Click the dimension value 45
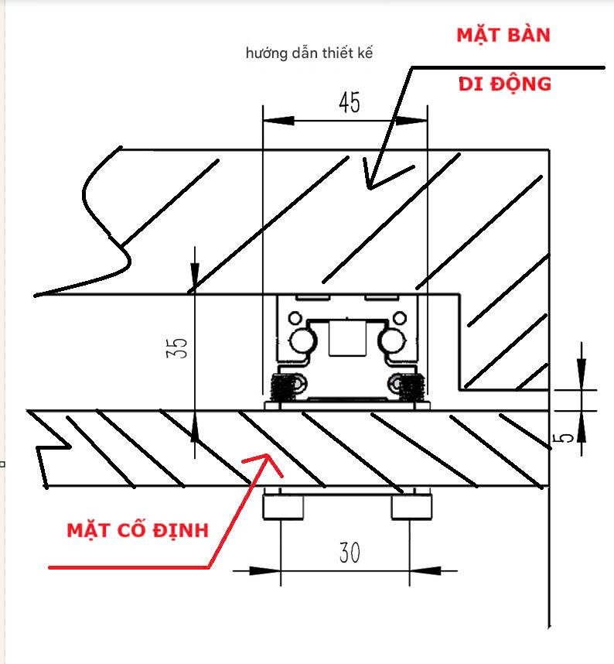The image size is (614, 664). point(350,102)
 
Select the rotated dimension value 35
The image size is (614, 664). point(177,347)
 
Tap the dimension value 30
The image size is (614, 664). point(350,553)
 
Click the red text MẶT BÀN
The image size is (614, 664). point(503,35)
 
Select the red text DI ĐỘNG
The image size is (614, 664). point(505,84)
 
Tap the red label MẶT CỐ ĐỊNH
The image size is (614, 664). point(138,531)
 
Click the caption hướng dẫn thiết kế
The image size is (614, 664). point(309,53)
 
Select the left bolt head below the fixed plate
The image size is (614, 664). point(283,506)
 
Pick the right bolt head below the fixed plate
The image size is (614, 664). point(411,506)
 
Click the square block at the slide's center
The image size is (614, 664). point(347,338)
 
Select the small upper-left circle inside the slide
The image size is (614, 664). point(295,317)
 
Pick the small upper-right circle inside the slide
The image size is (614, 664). point(400,317)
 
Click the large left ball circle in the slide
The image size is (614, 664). point(302,340)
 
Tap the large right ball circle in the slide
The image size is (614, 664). point(392,340)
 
